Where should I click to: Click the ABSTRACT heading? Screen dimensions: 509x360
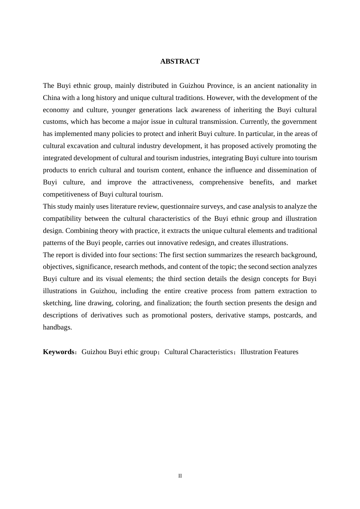point(180,61)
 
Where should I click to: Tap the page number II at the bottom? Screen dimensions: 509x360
point(180,476)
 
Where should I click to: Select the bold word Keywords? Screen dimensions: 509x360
point(58,352)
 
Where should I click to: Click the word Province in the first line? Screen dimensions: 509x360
point(220,86)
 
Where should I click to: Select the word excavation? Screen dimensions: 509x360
point(84,146)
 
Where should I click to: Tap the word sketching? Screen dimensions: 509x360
point(57,303)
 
